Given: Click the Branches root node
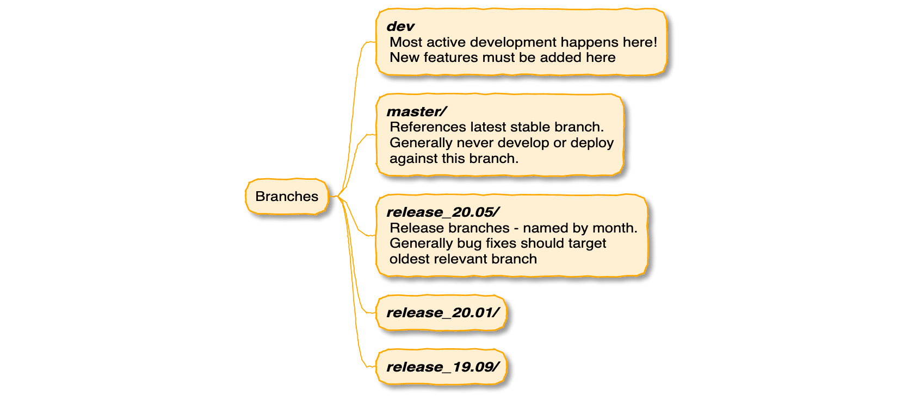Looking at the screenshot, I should (x=287, y=196).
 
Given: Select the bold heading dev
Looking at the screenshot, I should (x=400, y=26).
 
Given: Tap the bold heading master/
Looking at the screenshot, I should (x=416, y=111).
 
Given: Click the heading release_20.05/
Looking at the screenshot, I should (x=442, y=212).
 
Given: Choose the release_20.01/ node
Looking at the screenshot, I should (x=442, y=312).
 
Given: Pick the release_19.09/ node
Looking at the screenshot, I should (x=442, y=367).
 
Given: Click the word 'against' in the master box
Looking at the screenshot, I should (x=411, y=159).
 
